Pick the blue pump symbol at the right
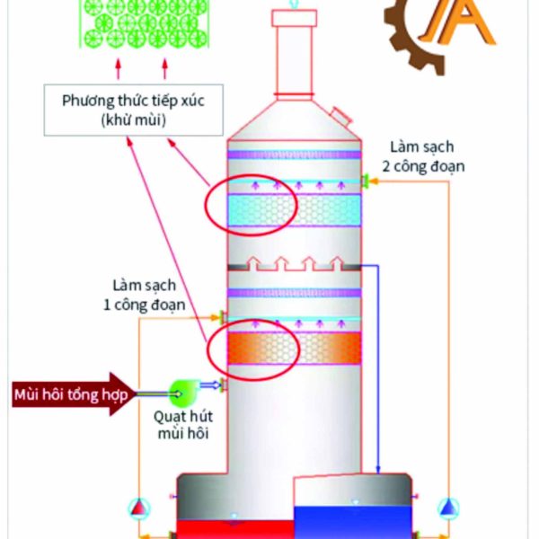[447, 508]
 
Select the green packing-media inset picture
[142, 24]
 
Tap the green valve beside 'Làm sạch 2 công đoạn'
[366, 182]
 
